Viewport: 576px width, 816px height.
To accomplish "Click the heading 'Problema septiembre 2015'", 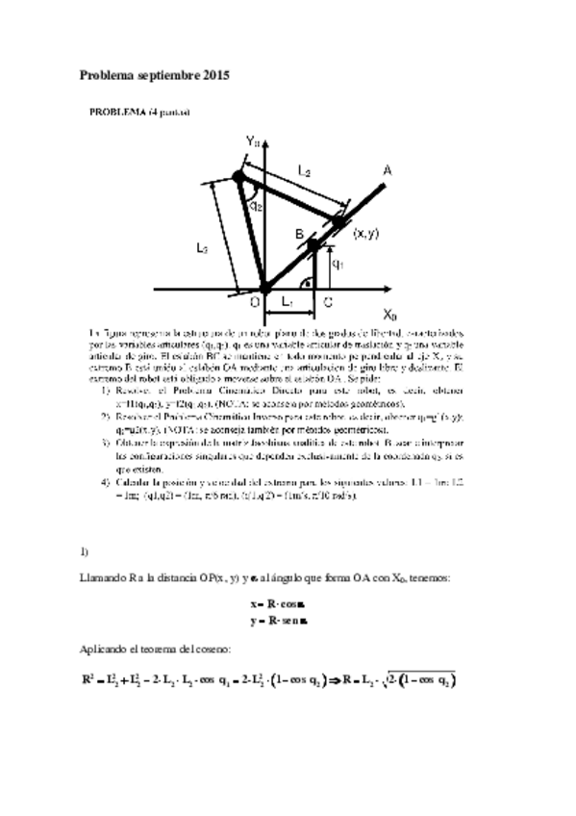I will [x=154, y=74].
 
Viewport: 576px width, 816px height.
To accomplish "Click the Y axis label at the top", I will [x=252, y=142].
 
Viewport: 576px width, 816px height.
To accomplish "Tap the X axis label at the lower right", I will [x=388, y=314].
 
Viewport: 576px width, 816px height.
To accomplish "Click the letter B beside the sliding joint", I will [x=299, y=235].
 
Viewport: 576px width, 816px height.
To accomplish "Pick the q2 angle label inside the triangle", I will [x=256, y=205].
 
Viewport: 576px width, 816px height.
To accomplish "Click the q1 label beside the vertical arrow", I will [x=337, y=262].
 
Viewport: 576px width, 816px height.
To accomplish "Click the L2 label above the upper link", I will [x=304, y=171].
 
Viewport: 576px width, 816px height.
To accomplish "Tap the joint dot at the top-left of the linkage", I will [x=238, y=177].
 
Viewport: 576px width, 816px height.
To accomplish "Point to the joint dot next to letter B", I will [x=313, y=246].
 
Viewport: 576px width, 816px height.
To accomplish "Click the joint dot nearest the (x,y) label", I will [x=339, y=222].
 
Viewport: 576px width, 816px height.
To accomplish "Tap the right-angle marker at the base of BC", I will [x=307, y=282].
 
